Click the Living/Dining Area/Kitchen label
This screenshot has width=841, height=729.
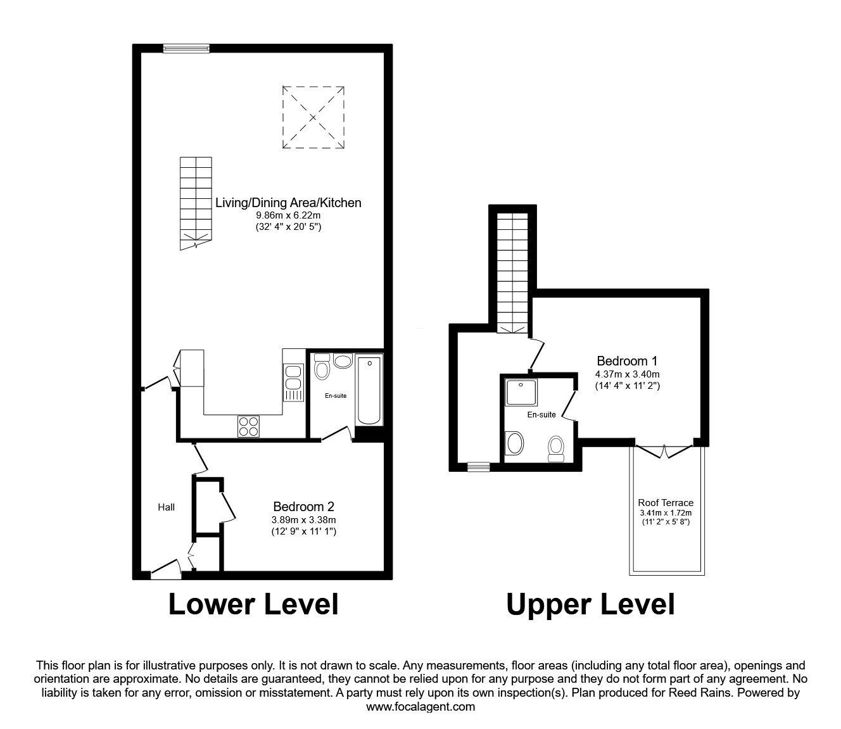click(288, 203)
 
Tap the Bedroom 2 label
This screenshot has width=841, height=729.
click(303, 507)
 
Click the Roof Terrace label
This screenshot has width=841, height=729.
click(665, 503)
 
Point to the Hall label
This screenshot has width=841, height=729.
click(166, 507)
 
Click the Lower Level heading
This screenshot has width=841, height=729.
click(253, 604)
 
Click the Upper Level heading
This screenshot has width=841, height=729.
click(590, 605)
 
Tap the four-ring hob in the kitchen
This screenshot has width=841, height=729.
click(249, 425)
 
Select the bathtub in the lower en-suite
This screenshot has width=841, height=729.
click(369, 391)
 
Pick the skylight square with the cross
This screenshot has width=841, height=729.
click(313, 117)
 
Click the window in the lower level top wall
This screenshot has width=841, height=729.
click(186, 48)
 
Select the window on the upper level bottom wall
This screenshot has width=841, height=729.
click(478, 467)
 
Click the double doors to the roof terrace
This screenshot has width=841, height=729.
click(664, 450)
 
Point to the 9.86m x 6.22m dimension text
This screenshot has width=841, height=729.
click(288, 215)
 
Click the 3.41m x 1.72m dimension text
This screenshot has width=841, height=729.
click(665, 513)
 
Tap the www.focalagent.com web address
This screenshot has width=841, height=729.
click(420, 707)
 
